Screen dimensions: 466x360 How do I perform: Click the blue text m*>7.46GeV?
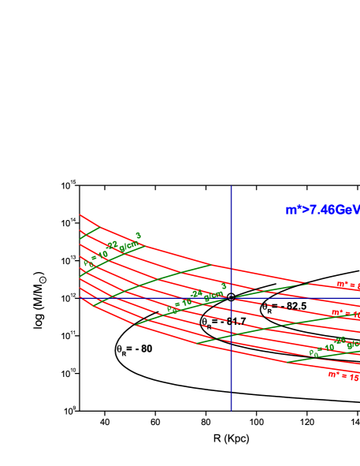322,210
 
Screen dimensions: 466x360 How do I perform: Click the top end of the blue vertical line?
231,187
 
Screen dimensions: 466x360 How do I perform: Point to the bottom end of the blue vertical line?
231,410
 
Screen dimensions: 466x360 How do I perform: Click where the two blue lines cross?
231,297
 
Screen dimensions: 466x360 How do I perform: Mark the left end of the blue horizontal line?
80,297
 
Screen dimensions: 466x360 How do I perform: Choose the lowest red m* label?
343,376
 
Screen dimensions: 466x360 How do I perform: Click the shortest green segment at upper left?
89,233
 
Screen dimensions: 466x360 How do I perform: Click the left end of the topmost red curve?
80,214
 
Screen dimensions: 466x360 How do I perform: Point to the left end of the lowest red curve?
80,298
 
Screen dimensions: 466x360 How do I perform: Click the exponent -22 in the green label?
113,245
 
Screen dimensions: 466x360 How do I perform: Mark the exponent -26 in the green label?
340,341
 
